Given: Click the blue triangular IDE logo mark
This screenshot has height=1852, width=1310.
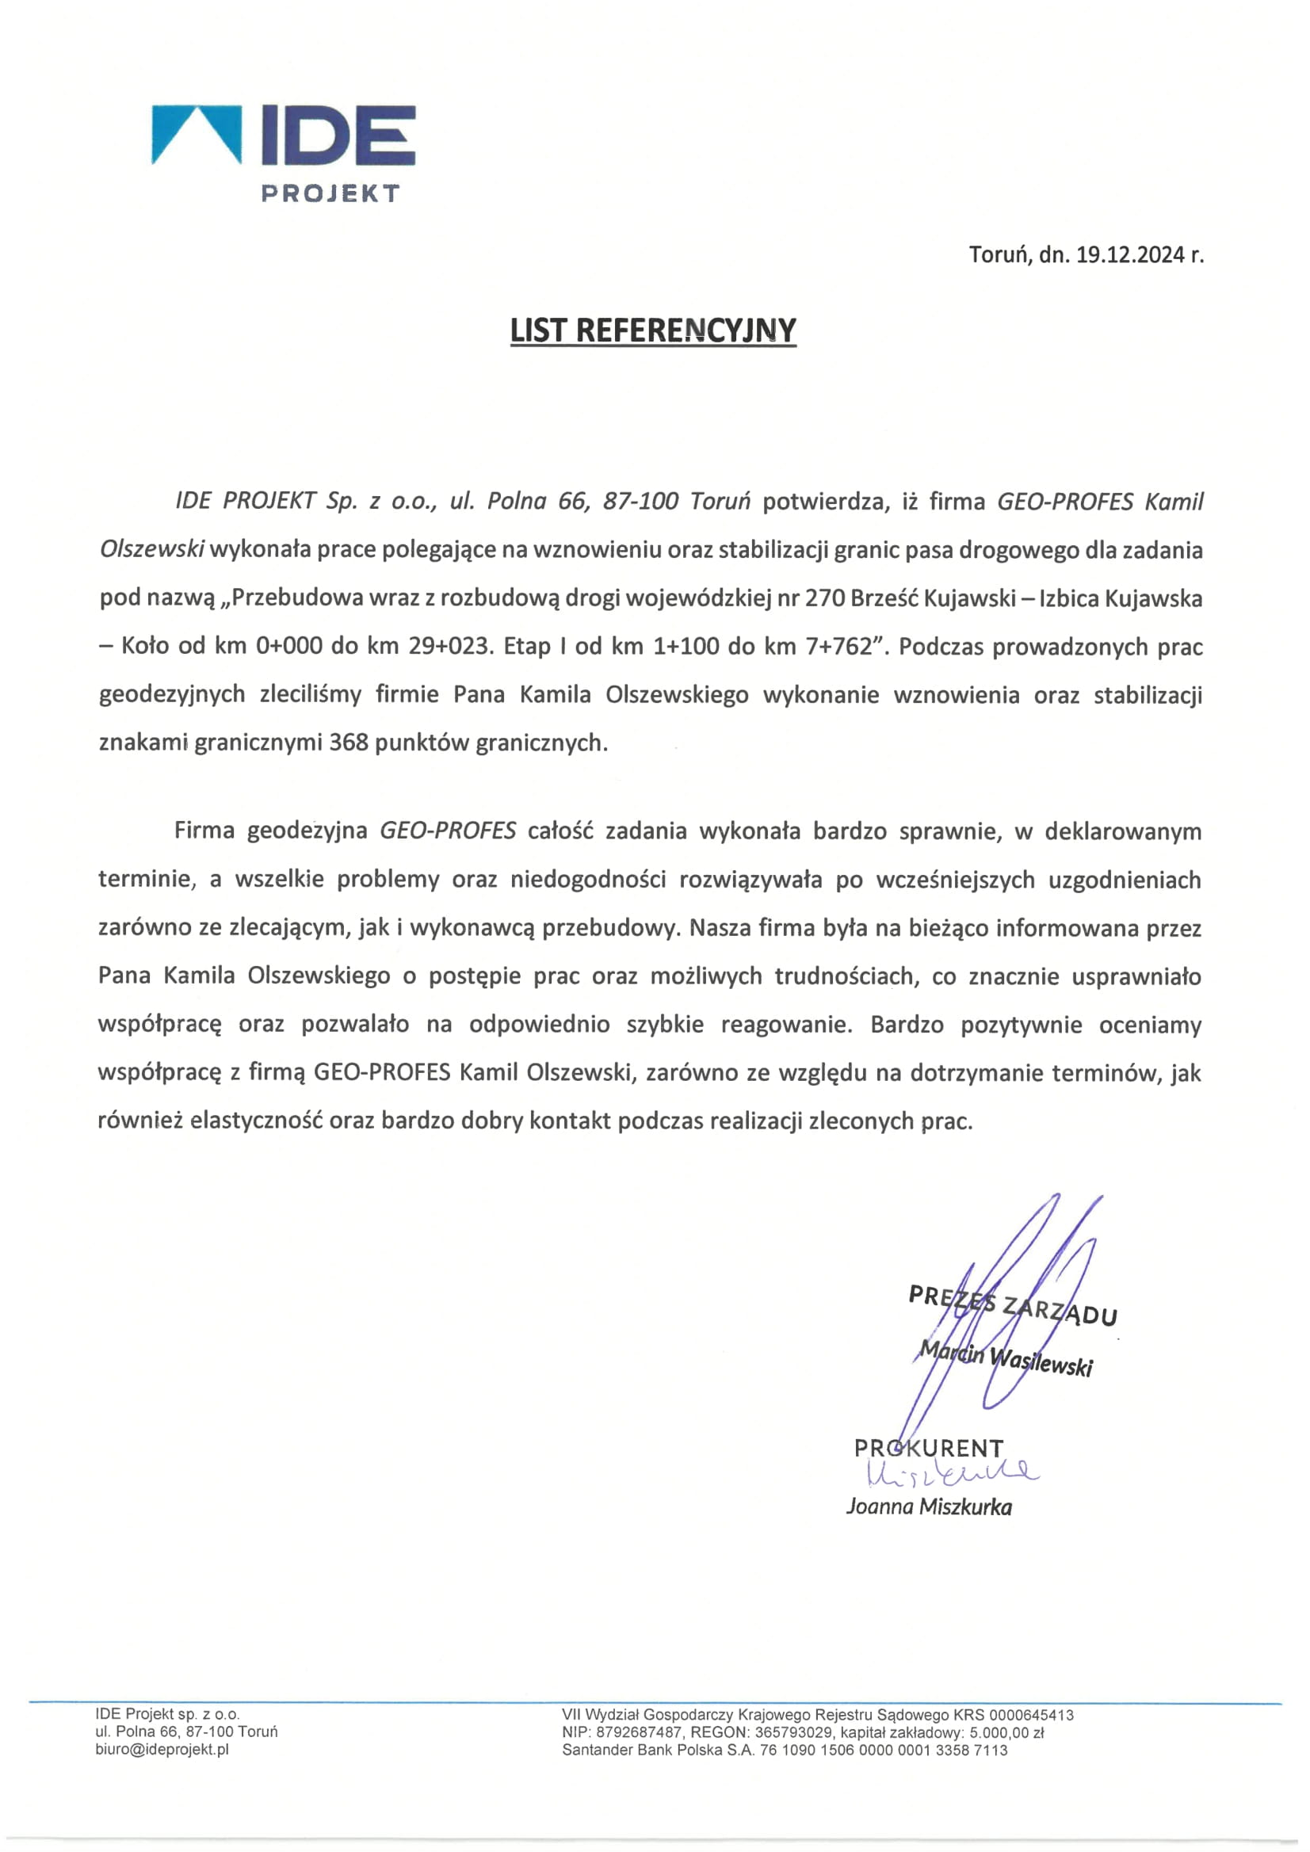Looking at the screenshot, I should [x=196, y=133].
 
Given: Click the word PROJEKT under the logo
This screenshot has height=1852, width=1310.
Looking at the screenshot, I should [x=330, y=193].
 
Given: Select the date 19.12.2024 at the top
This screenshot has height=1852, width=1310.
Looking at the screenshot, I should [x=1129, y=255].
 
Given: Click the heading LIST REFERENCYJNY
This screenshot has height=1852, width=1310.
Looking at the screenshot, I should [x=653, y=330].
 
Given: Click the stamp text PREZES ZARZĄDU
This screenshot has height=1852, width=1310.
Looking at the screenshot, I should [x=1012, y=1305].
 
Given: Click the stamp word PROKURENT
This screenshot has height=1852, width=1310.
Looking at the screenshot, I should [x=929, y=1448].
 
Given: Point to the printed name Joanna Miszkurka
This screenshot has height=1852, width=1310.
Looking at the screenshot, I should [x=929, y=1506].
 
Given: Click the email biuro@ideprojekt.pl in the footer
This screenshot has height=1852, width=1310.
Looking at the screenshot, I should [x=162, y=1750].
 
